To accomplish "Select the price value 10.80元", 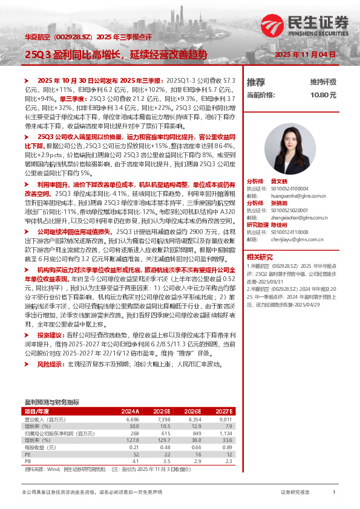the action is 323,95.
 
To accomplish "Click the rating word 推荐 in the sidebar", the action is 256,82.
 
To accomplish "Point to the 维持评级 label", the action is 323,82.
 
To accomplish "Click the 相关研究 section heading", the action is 260,256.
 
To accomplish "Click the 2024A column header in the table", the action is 130,410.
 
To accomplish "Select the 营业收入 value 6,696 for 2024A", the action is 133,418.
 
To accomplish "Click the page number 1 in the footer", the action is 334,493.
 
